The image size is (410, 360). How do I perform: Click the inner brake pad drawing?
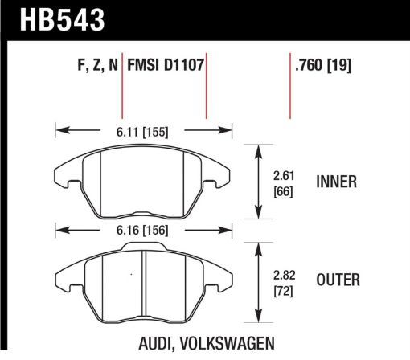point(141,181)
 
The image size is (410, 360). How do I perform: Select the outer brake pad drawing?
point(141,281)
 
